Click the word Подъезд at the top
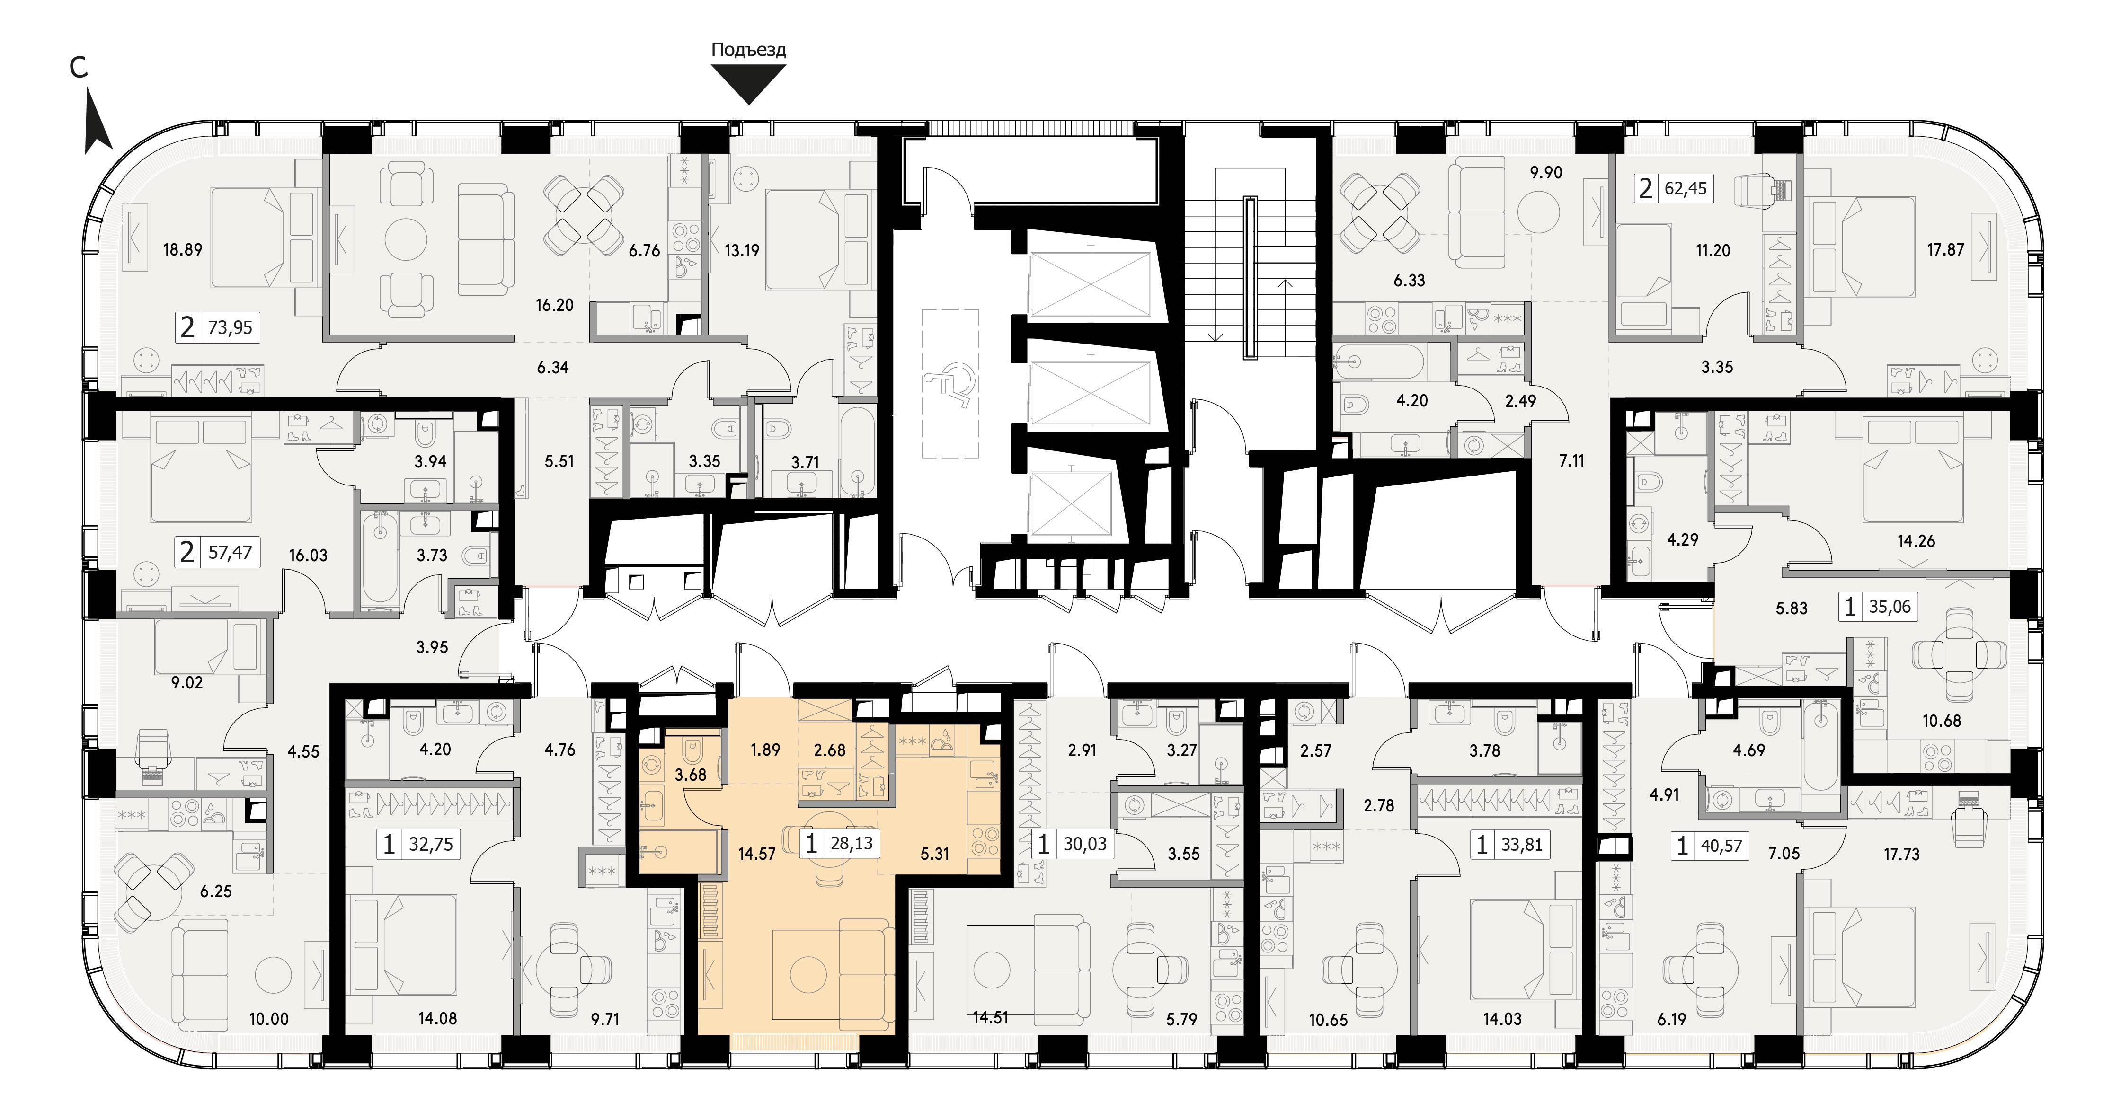click(x=749, y=50)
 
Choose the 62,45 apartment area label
click(x=1686, y=189)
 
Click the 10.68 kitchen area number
click(x=1941, y=721)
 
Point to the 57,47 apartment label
click(x=230, y=553)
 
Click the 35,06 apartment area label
click(x=1890, y=607)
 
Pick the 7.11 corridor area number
click(x=1571, y=460)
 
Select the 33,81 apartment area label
click(x=1522, y=844)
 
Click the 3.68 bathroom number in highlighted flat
click(x=691, y=774)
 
